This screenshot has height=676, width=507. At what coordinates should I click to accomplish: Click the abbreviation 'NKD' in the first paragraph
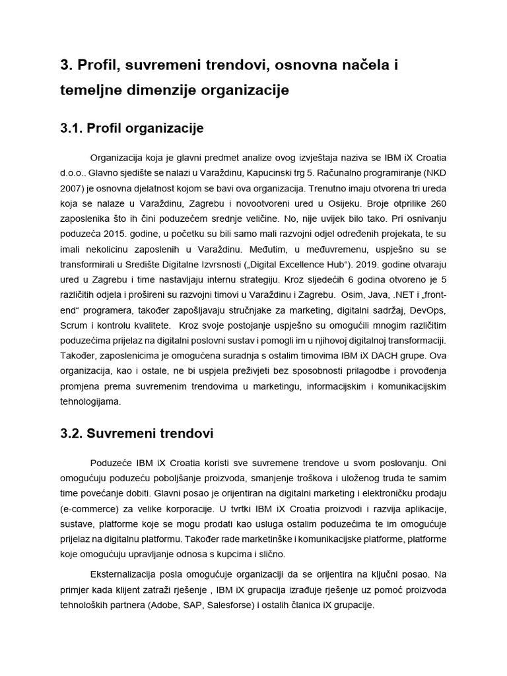(x=431, y=175)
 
